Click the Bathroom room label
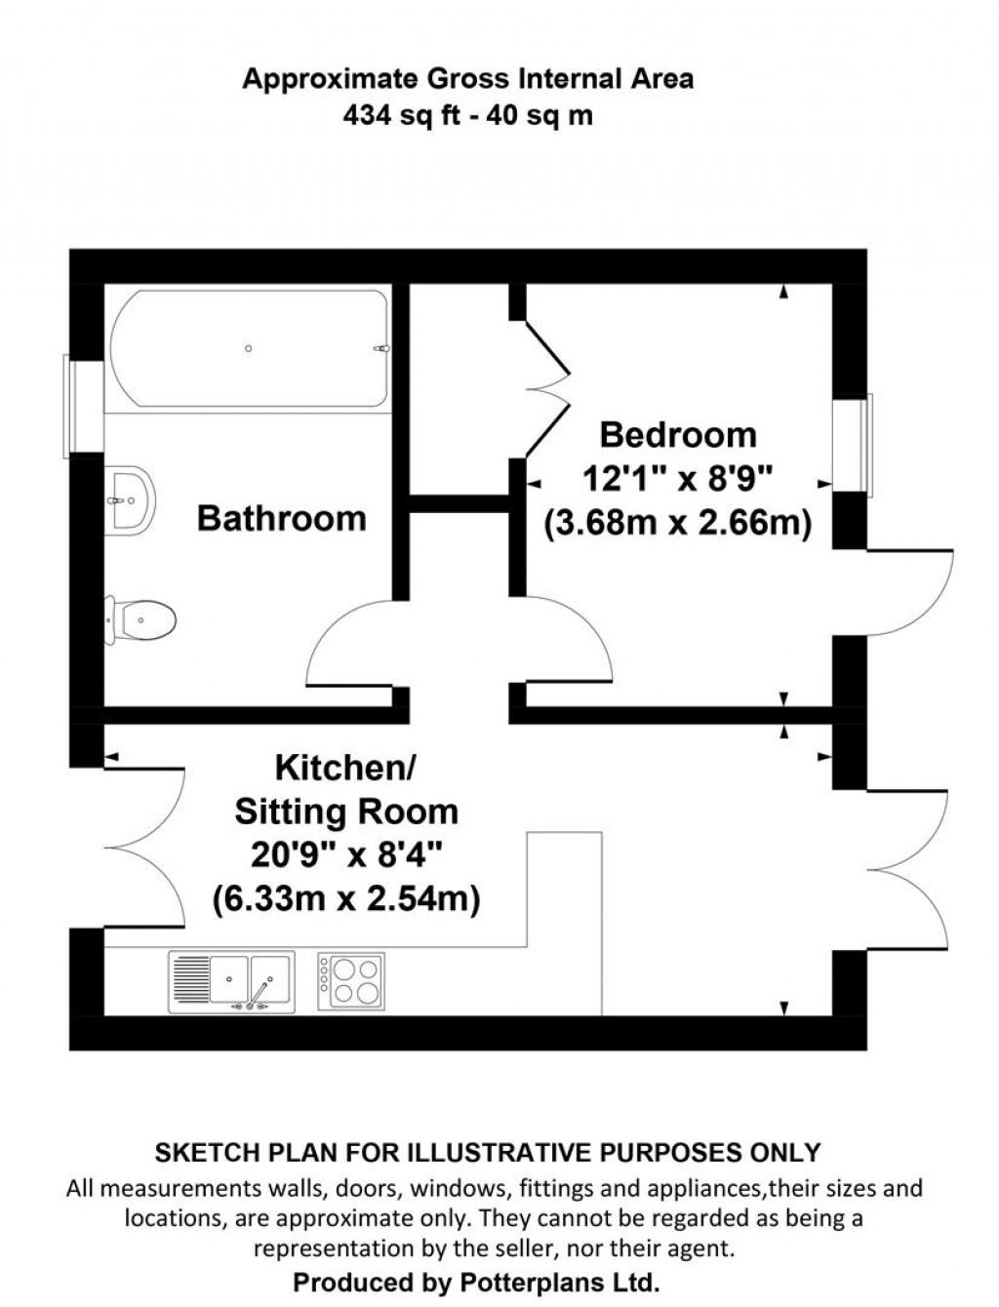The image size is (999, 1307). (281, 518)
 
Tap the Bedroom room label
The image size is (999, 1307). (677, 435)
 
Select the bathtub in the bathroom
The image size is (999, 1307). (249, 348)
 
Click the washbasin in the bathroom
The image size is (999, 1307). (129, 499)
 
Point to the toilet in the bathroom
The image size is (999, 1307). (140, 618)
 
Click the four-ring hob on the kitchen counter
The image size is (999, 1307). (351, 981)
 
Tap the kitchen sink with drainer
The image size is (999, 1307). (232, 981)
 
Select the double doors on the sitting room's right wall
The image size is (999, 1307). (907, 866)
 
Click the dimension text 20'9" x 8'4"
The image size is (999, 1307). (346, 855)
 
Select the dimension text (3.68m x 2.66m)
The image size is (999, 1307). (677, 524)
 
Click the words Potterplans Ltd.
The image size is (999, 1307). (552, 1281)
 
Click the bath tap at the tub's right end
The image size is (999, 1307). (381, 348)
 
